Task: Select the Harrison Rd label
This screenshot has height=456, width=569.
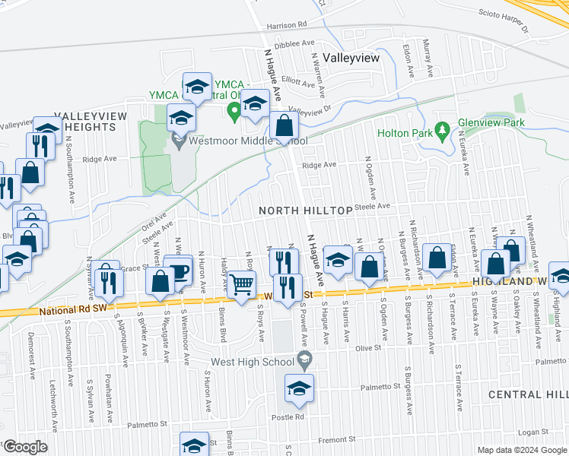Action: pos(286,24)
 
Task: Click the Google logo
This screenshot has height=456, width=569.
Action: pos(25,447)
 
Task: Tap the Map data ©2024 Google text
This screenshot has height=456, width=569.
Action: pos(522,450)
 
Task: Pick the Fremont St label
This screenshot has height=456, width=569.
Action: pos(336,439)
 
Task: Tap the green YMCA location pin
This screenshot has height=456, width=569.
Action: pos(234,112)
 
